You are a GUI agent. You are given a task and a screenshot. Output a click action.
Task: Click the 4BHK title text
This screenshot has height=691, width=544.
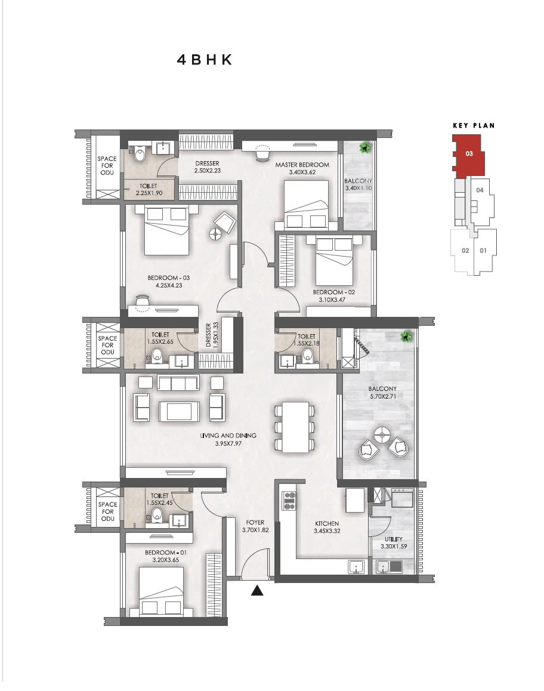click(205, 60)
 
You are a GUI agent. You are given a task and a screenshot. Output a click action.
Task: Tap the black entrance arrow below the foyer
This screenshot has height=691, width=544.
click(257, 591)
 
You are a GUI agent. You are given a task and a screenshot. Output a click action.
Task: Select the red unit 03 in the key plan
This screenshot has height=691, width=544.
click(468, 156)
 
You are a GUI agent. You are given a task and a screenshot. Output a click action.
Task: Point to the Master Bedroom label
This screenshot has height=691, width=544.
click(302, 165)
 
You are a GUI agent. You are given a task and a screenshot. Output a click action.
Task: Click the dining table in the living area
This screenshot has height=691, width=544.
click(295, 427)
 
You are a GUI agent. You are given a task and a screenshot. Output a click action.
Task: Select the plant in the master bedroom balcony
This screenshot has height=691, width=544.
click(364, 147)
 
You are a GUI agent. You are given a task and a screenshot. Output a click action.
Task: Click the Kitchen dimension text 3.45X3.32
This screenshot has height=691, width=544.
click(327, 531)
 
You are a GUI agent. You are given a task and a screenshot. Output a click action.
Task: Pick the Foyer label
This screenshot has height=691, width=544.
click(255, 523)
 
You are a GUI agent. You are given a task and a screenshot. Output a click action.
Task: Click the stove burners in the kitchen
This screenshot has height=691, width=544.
click(289, 501)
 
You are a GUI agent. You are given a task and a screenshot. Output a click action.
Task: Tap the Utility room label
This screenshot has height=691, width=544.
click(393, 539)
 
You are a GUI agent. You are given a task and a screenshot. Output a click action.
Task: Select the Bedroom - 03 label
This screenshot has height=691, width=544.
click(169, 277)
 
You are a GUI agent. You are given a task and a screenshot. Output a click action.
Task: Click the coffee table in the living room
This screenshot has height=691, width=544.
click(180, 412)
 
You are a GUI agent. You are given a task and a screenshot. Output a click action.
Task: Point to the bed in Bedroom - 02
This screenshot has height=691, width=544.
click(334, 261)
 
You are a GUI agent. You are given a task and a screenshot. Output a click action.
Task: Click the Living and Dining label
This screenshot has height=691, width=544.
click(228, 436)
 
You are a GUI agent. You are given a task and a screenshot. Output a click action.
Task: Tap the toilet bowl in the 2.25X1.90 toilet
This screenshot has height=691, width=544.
click(139, 155)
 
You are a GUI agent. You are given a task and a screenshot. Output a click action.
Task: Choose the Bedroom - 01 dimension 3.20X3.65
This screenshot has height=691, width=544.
click(166, 560)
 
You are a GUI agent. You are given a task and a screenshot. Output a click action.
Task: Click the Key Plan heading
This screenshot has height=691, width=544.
click(474, 125)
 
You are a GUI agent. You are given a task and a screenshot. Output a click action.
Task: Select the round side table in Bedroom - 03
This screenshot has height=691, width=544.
click(215, 234)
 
